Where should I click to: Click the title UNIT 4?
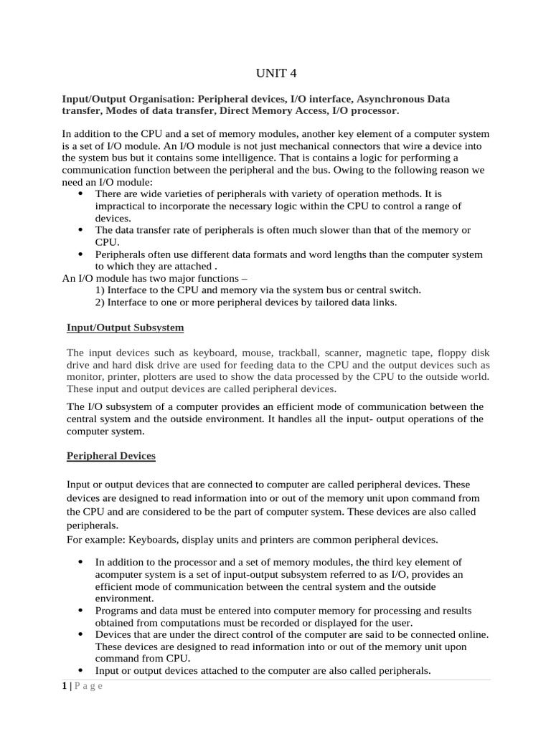(275, 73)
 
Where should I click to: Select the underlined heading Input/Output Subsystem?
(125, 328)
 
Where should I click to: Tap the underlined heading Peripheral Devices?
(110, 456)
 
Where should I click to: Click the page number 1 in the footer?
(64, 686)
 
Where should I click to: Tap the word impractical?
(122, 206)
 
